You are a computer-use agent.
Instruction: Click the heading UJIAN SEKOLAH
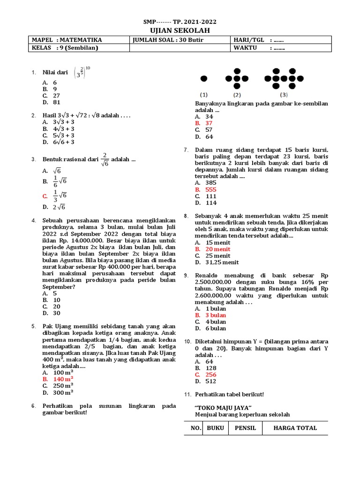pos(180,30)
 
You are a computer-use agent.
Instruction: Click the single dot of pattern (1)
pos(204,78)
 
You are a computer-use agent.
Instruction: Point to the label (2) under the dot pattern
pos(237,94)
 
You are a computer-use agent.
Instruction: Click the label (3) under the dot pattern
pos(284,94)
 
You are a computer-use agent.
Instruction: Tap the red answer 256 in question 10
pos(210,375)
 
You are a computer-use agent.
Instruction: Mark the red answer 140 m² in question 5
pos(63,379)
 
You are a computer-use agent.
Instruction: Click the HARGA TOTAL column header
pos(295,428)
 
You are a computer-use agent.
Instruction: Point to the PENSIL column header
pos(245,428)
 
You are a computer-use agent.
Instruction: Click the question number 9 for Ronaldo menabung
pos(186,276)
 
